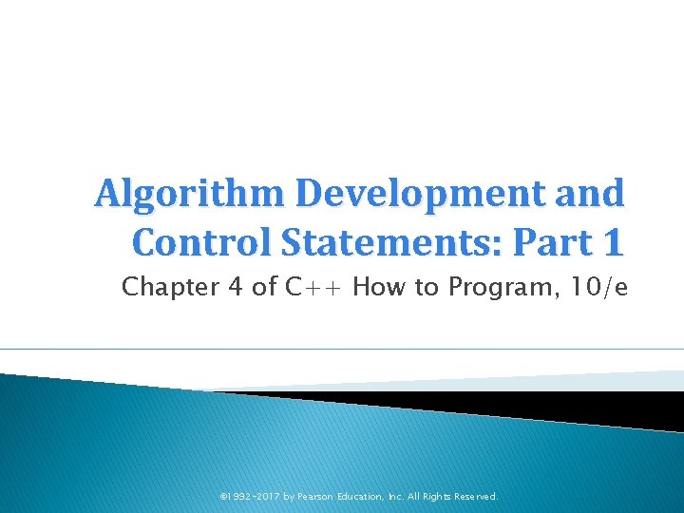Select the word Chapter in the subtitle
pos(166,287)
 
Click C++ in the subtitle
pos(314,287)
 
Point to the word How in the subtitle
pos(383,287)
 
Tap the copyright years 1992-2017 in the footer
pos(253,496)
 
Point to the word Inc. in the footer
pos(400,496)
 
